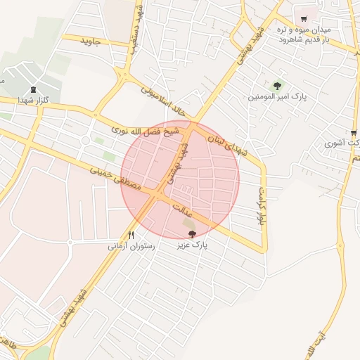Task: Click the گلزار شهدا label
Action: [32, 101]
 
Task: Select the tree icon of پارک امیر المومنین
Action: [278, 85]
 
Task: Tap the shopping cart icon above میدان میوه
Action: [304, 19]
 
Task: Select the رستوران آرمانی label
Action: [130, 247]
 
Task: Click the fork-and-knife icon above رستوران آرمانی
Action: [131, 235]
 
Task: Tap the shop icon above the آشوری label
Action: [353, 131]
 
